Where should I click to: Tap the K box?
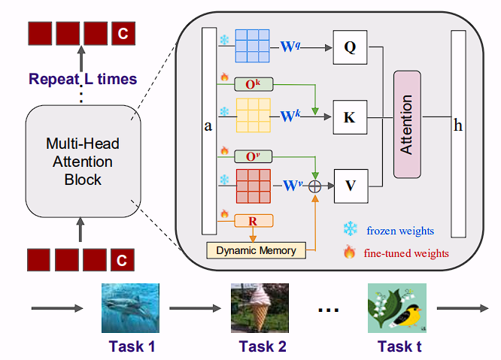coord(350,117)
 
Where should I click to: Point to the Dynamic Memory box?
coord(256,250)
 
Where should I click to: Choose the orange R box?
coord(254,221)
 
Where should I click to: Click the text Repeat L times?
coord(83,78)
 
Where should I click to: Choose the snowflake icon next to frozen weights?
coord(349,228)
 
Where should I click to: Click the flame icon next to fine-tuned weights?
coord(349,253)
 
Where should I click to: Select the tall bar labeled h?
coord(458,132)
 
